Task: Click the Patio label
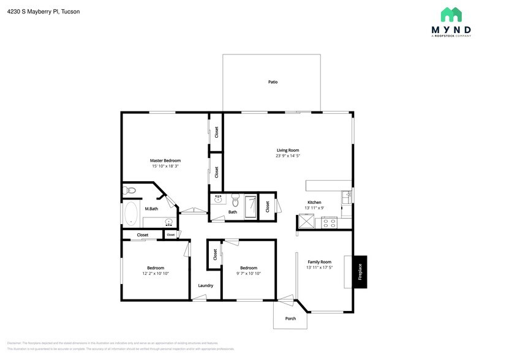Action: [x=273, y=81]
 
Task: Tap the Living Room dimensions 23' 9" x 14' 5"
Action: [x=287, y=156]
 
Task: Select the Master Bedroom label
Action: [x=165, y=160]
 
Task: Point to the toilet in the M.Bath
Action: [x=129, y=191]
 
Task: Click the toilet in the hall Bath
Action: [x=235, y=200]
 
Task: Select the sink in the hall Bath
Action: [x=218, y=199]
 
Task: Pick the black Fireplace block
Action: [x=360, y=271]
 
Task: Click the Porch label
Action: [x=290, y=318]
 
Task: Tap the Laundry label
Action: [x=205, y=285]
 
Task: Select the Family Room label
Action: [x=319, y=261]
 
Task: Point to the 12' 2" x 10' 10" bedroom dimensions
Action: [x=155, y=273]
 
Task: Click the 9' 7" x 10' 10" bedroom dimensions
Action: [x=248, y=273]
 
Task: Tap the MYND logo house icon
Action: [x=451, y=15]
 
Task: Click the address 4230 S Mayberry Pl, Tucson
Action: [x=43, y=12]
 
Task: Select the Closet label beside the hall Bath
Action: [x=268, y=207]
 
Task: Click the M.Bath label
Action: [x=151, y=209]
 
